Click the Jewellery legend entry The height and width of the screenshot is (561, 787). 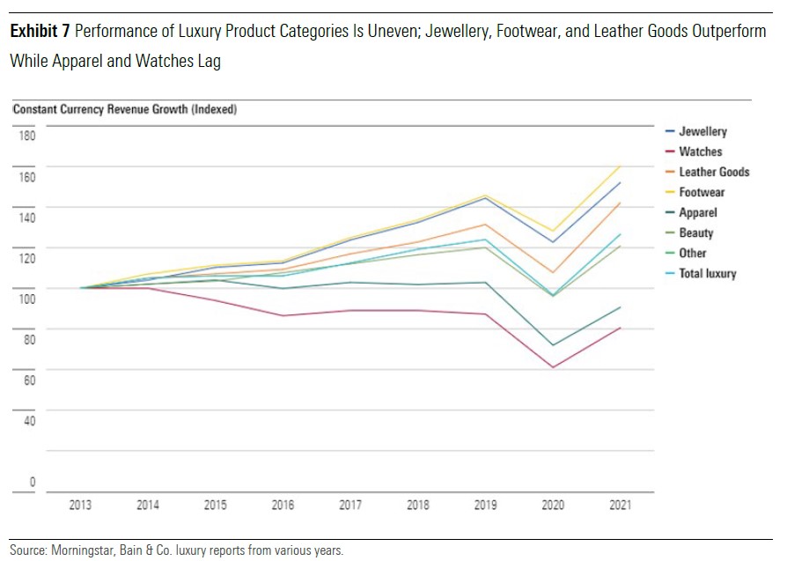pos(702,131)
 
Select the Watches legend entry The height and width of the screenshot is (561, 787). pos(700,151)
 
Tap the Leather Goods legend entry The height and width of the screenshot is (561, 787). pos(714,172)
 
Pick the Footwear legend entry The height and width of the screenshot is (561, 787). pos(702,192)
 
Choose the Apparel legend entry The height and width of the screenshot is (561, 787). pos(697,212)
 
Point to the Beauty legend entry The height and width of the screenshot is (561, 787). pos(695,233)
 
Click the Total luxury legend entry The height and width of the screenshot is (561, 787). pos(707,273)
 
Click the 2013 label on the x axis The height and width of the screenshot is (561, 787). pos(80,506)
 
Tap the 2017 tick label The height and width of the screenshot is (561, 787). pos(351,506)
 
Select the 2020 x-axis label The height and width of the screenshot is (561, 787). pos(553,506)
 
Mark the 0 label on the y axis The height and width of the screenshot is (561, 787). pos(33,482)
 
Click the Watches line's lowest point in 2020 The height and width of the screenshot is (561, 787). pos(553,367)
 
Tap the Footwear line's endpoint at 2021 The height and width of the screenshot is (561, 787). pos(621,166)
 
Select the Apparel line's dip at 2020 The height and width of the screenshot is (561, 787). pos(553,345)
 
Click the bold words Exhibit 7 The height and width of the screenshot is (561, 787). pos(40,32)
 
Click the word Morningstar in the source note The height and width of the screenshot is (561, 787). pos(78,550)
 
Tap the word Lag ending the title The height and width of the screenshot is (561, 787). pos(209,62)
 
